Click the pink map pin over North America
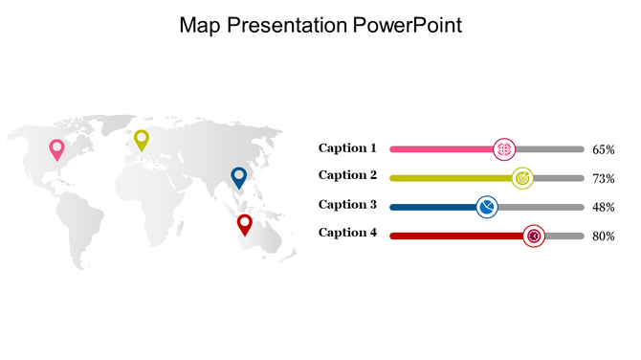tap(56, 148)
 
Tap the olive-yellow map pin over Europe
tap(142, 140)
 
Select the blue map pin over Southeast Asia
tap(239, 177)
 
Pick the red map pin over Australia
tap(245, 224)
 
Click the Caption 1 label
tap(347, 148)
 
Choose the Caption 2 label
tap(347, 175)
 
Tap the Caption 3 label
tap(347, 205)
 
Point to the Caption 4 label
tap(347, 233)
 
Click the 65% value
tap(603, 150)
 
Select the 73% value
tap(603, 179)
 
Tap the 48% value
tap(603, 208)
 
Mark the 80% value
tap(603, 236)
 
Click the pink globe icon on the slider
tap(504, 149)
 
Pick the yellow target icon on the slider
tap(522, 178)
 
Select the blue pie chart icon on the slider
tap(487, 207)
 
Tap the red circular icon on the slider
tap(534, 236)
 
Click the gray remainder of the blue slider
tap(541, 207)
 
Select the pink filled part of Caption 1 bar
tap(440, 149)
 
